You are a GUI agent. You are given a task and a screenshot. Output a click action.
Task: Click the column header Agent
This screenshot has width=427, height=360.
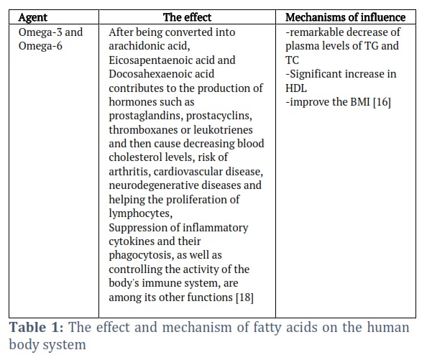pos(32,18)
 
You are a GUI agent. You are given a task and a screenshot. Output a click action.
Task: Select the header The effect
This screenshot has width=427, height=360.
pos(187,17)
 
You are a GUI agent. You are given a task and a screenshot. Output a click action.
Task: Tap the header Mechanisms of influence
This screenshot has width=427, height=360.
pos(345,17)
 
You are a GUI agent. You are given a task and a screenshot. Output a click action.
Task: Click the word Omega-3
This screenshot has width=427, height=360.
pos(37,32)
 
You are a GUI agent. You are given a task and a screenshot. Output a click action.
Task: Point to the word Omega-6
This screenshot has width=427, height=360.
pos(40,46)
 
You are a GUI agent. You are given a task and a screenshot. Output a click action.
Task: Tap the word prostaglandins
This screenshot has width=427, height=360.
pos(146,116)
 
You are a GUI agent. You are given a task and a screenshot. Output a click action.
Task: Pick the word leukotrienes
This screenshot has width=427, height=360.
pos(223,130)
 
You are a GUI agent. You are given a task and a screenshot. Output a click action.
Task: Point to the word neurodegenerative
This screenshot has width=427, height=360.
pos(153,185)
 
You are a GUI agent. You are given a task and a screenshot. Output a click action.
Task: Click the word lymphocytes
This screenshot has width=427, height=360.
pos(140,213)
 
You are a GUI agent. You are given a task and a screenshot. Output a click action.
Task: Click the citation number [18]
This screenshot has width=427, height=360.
pos(244,297)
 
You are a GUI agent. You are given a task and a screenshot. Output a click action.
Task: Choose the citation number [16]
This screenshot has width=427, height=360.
pos(382,102)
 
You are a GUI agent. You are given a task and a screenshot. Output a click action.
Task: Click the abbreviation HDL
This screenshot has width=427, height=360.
pos(296,88)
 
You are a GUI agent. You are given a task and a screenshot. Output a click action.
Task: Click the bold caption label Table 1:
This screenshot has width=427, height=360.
pos(37,328)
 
